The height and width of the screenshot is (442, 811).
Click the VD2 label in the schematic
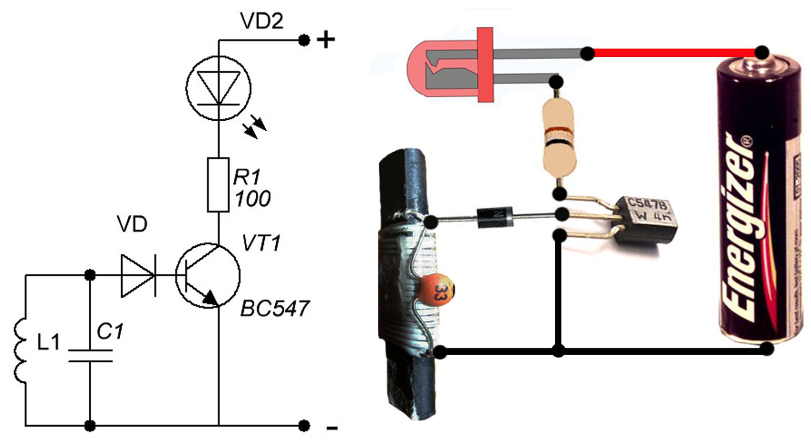261,21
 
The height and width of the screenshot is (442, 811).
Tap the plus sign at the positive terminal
326,40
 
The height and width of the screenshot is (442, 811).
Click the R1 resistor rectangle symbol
218,185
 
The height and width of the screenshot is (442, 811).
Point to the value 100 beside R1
252,199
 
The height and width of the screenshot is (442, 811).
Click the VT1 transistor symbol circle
208,275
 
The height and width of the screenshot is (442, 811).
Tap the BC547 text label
275,309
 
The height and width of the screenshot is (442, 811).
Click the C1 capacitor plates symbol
90,356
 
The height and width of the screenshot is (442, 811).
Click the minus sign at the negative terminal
332,428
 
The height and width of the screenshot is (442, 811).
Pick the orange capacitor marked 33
436,289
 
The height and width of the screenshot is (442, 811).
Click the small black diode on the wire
495,218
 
